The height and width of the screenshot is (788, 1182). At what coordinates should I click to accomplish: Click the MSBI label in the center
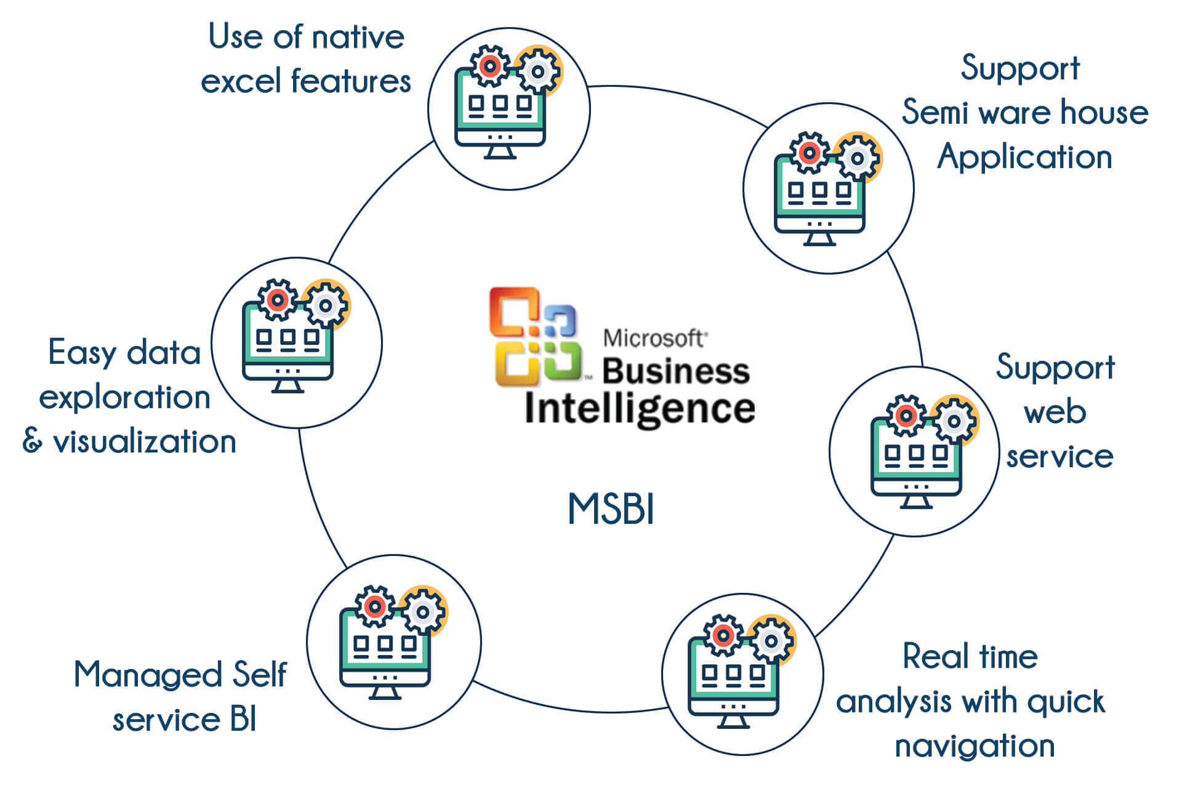pos(611,509)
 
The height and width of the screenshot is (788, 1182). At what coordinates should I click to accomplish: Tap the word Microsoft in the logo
pos(654,338)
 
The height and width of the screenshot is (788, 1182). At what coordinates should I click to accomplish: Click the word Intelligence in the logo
pos(640,409)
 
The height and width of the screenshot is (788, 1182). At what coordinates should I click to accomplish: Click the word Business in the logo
pos(675,371)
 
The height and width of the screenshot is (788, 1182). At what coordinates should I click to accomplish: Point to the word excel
pos(241,81)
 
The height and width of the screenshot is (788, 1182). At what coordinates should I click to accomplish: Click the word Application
pos(1025,158)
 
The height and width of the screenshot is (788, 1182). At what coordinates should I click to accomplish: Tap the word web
pos(1055,411)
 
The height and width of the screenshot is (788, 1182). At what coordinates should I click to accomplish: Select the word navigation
pos(975,746)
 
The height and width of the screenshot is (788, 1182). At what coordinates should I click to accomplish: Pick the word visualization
pos(145,441)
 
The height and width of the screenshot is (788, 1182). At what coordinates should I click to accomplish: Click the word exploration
pos(124,397)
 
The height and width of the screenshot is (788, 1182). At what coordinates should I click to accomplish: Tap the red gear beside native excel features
pos(489,65)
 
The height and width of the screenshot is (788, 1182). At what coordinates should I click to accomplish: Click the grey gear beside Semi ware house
pos(857,158)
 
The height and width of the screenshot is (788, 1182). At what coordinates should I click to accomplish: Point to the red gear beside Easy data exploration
pos(278,300)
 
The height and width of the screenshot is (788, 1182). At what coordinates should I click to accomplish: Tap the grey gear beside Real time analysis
pos(771,641)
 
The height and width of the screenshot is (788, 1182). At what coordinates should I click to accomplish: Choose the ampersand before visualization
pos(32,441)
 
